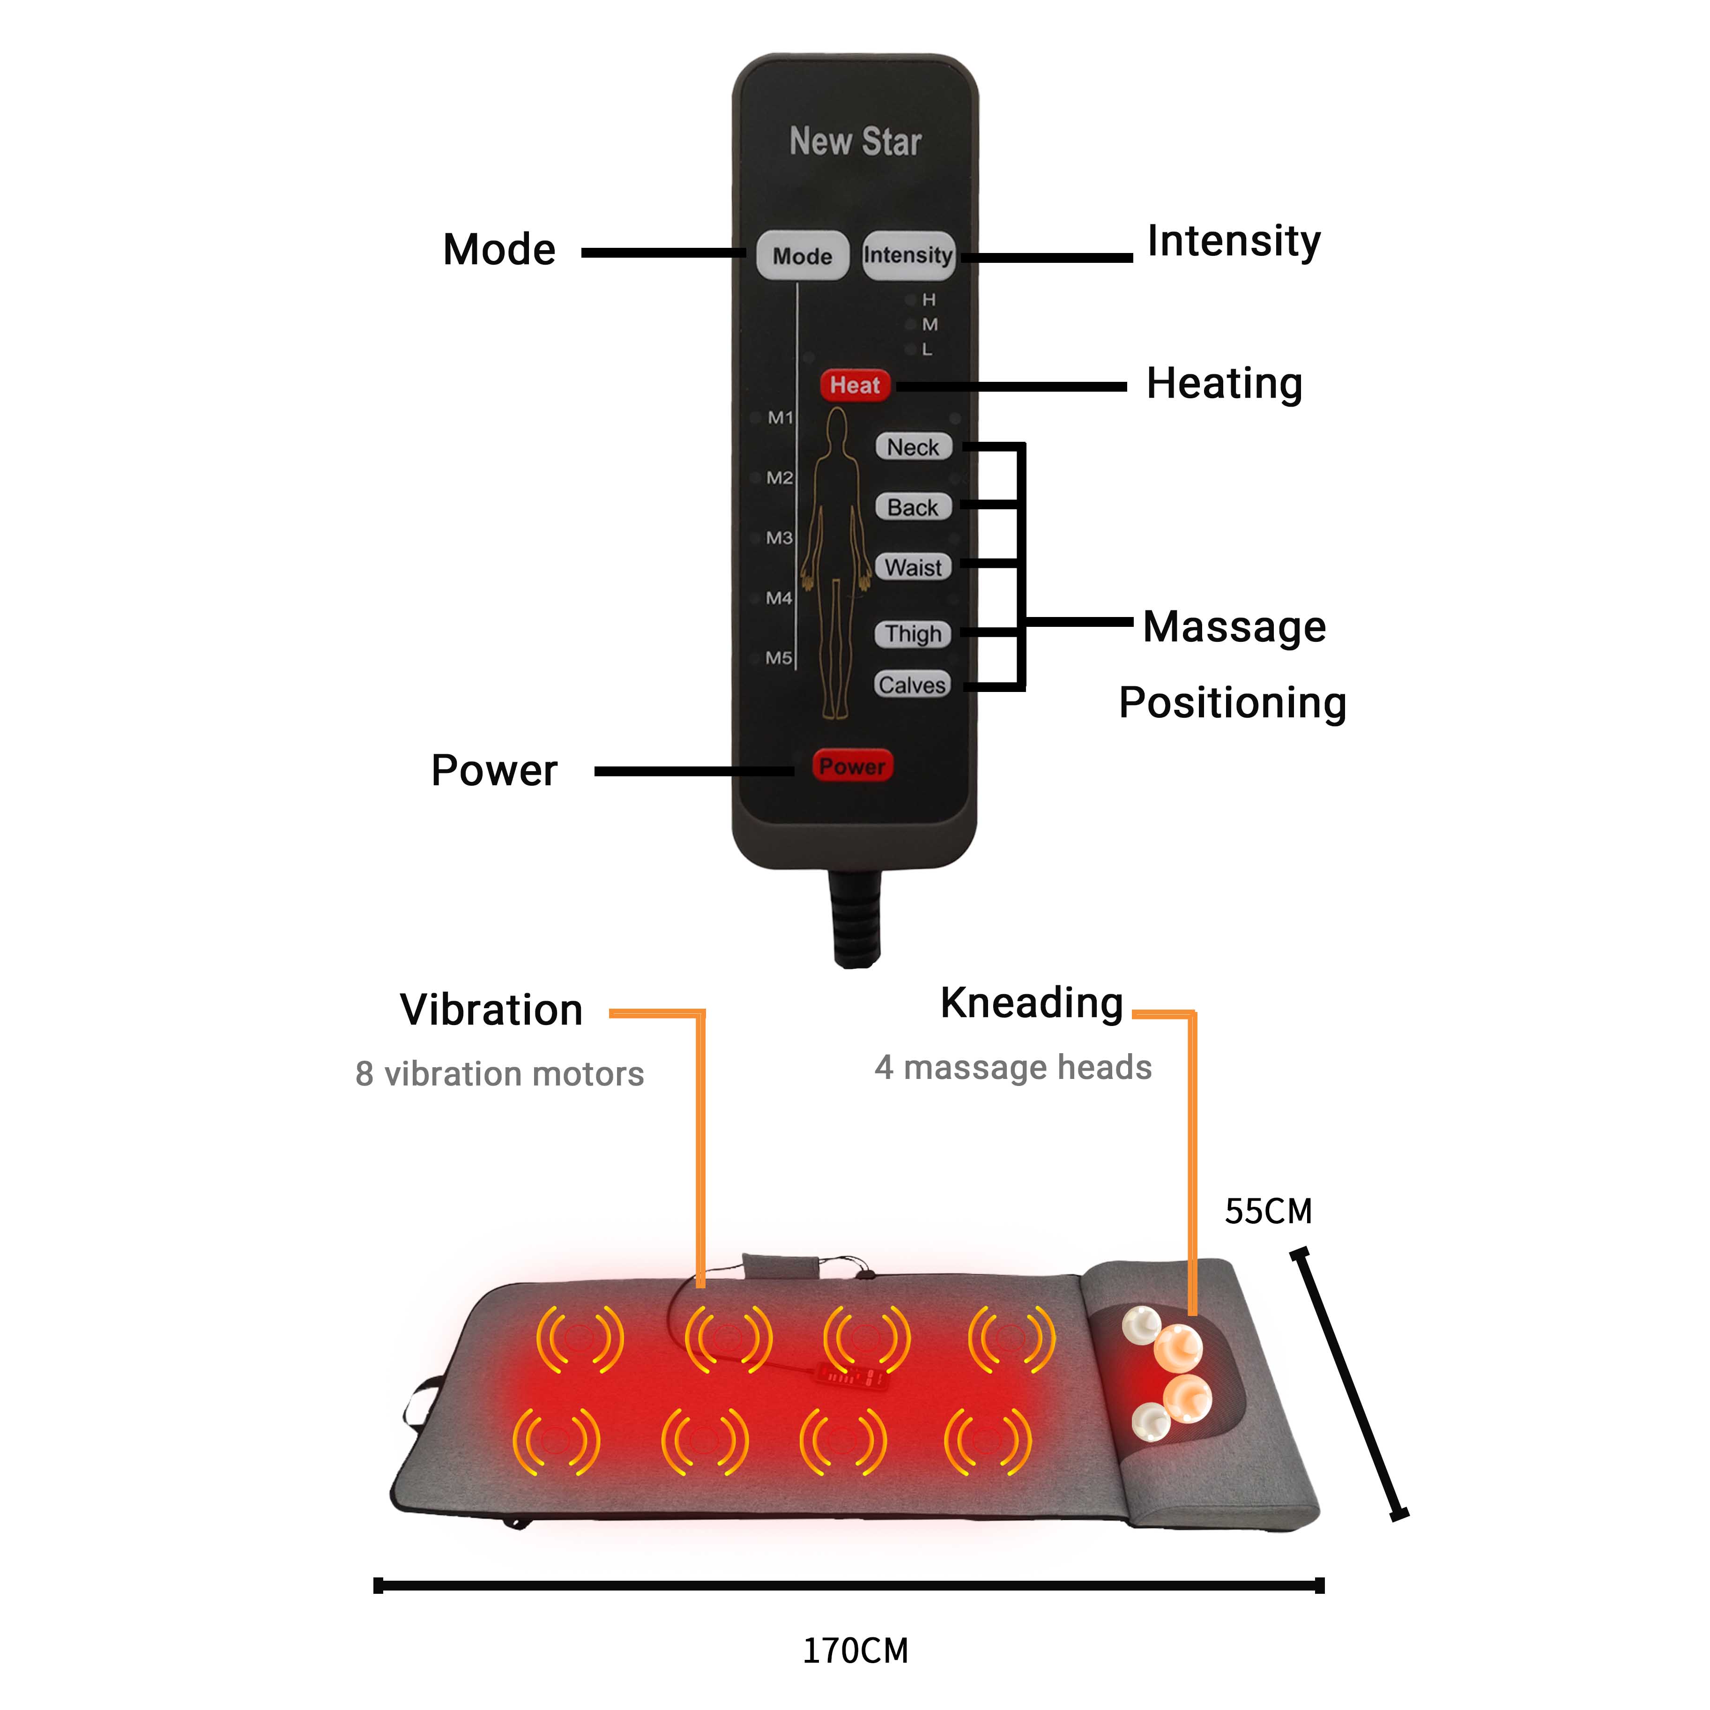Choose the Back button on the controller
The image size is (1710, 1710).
tap(913, 507)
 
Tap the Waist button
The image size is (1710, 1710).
tap(913, 567)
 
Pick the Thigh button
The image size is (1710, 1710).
tap(913, 634)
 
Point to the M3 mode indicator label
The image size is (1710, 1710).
tap(779, 538)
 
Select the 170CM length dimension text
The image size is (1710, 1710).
tap(855, 1651)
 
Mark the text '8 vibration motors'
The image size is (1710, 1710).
tap(499, 1074)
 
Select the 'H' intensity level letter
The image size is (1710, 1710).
tap(929, 300)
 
